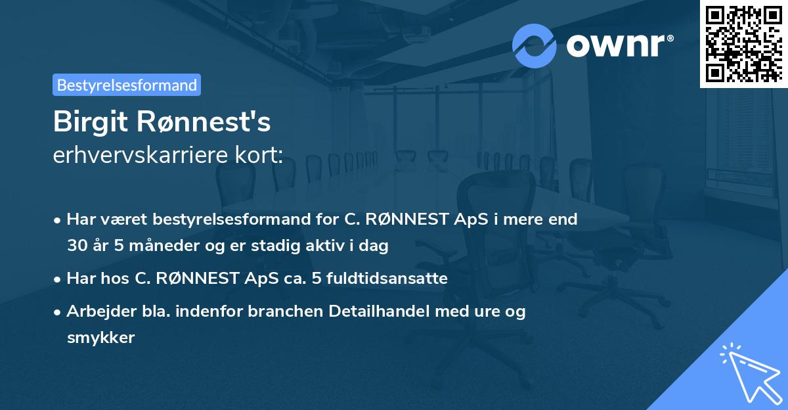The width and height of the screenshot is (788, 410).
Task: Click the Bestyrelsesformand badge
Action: pos(127,85)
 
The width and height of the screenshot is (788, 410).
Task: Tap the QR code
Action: pos(743,43)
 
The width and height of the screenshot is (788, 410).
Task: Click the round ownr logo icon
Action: pos(535,45)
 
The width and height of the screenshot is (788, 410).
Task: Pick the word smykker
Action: pos(100,338)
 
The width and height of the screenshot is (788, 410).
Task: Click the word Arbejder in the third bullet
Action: pos(97,311)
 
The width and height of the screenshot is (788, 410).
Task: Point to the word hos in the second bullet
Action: pos(118,279)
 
